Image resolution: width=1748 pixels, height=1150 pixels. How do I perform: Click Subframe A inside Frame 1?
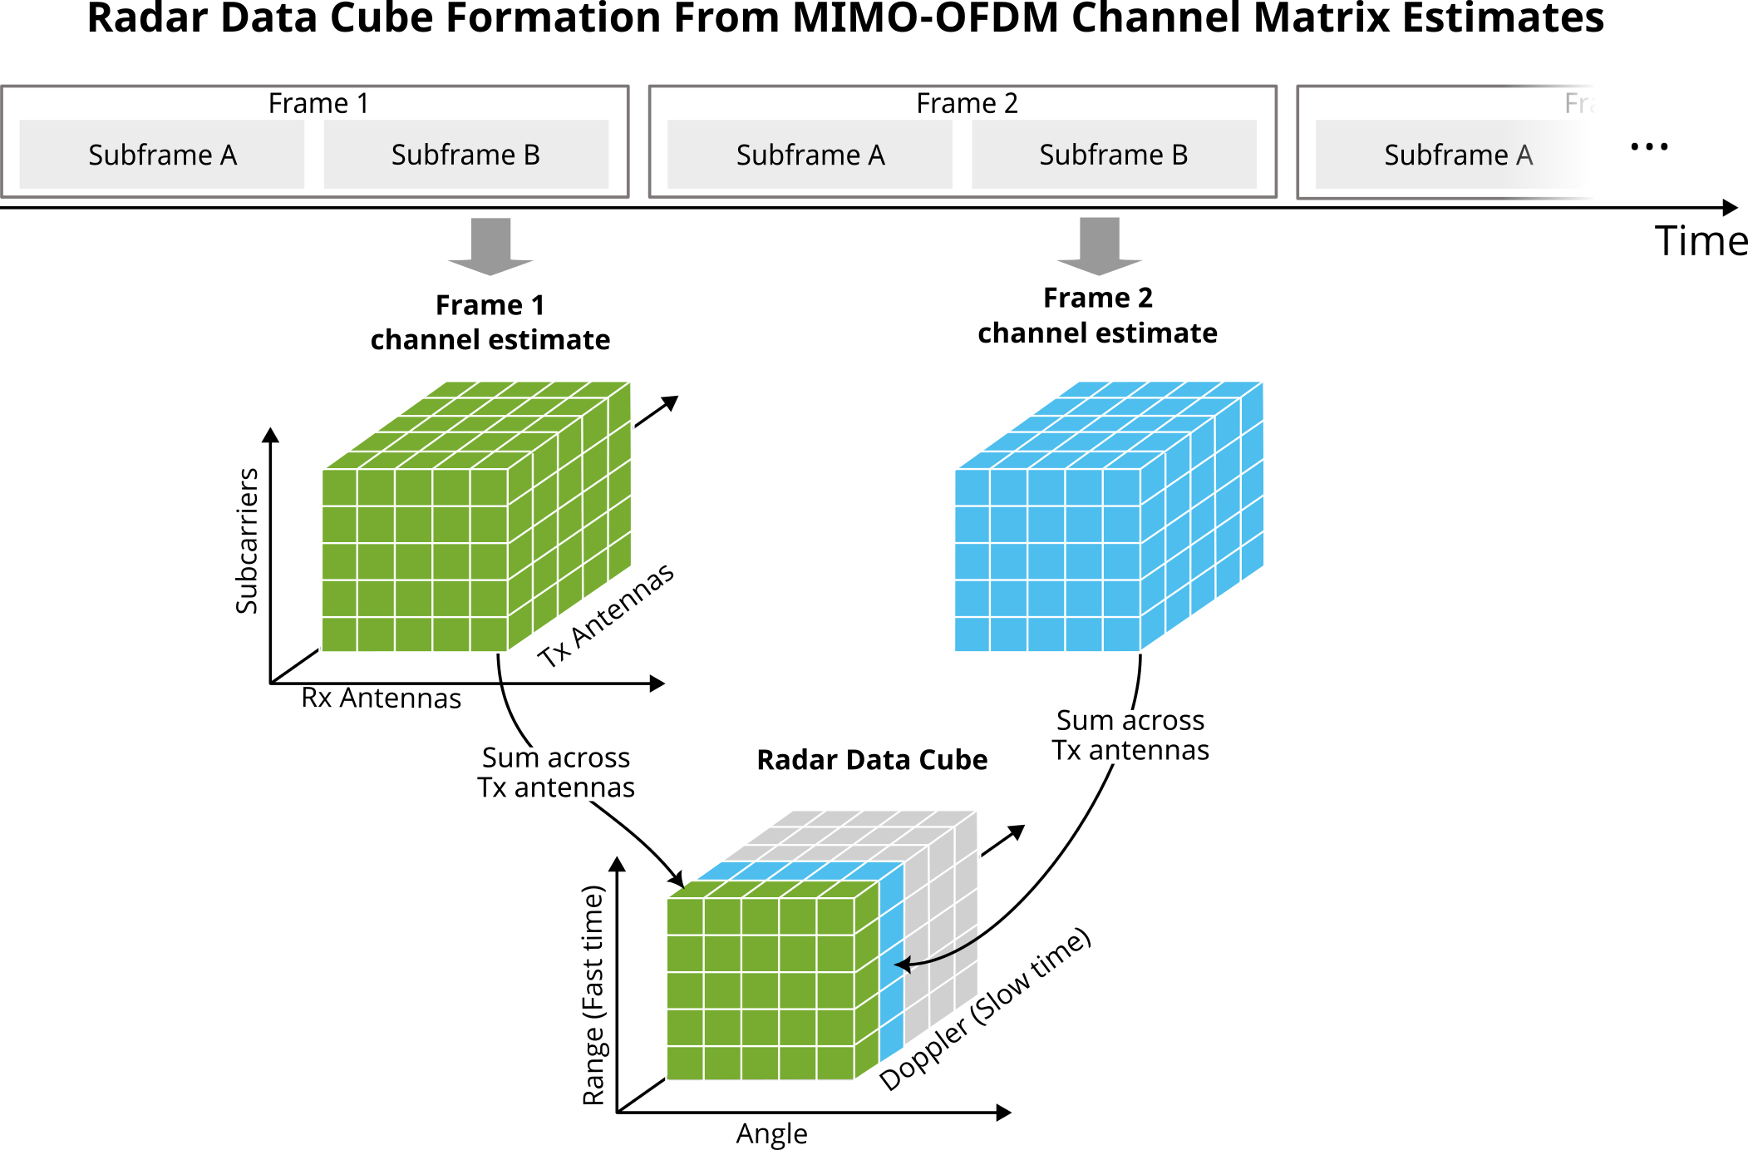click(x=162, y=155)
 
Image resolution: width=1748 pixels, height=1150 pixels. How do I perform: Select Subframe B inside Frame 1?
click(x=465, y=155)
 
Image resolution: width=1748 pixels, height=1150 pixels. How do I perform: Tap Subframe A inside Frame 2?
click(x=810, y=155)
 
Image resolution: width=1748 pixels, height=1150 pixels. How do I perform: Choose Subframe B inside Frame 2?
click(x=1113, y=155)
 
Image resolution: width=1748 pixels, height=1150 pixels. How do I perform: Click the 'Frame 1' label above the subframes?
click(x=318, y=103)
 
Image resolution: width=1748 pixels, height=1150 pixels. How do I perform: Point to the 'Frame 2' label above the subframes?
click(x=967, y=103)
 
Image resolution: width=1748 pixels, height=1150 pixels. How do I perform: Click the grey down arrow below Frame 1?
click(x=490, y=246)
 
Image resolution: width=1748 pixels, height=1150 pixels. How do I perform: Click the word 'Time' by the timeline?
click(x=1701, y=242)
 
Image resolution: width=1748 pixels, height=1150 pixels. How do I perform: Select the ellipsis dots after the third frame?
click(x=1649, y=147)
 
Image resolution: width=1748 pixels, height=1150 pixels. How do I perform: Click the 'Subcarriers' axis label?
click(x=247, y=540)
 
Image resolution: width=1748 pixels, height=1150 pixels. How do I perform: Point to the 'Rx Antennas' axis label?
click(x=381, y=698)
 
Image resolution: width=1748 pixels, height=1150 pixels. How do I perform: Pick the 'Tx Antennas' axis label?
click(x=605, y=615)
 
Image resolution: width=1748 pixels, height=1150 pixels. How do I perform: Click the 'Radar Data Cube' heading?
click(x=872, y=760)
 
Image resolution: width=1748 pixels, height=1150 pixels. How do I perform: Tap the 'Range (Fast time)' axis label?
click(x=593, y=995)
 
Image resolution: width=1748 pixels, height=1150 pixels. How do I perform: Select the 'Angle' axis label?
click(x=771, y=1134)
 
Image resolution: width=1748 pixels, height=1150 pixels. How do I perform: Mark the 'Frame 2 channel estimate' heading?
click(x=1097, y=315)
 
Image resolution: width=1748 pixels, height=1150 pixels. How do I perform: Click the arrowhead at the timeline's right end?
click(x=1731, y=208)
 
